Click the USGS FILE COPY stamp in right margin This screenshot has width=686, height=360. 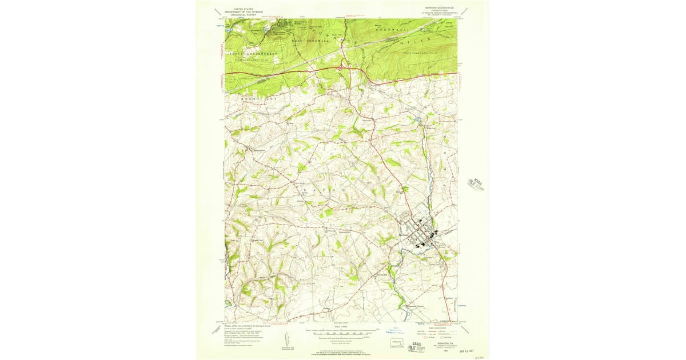(x=476, y=184)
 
